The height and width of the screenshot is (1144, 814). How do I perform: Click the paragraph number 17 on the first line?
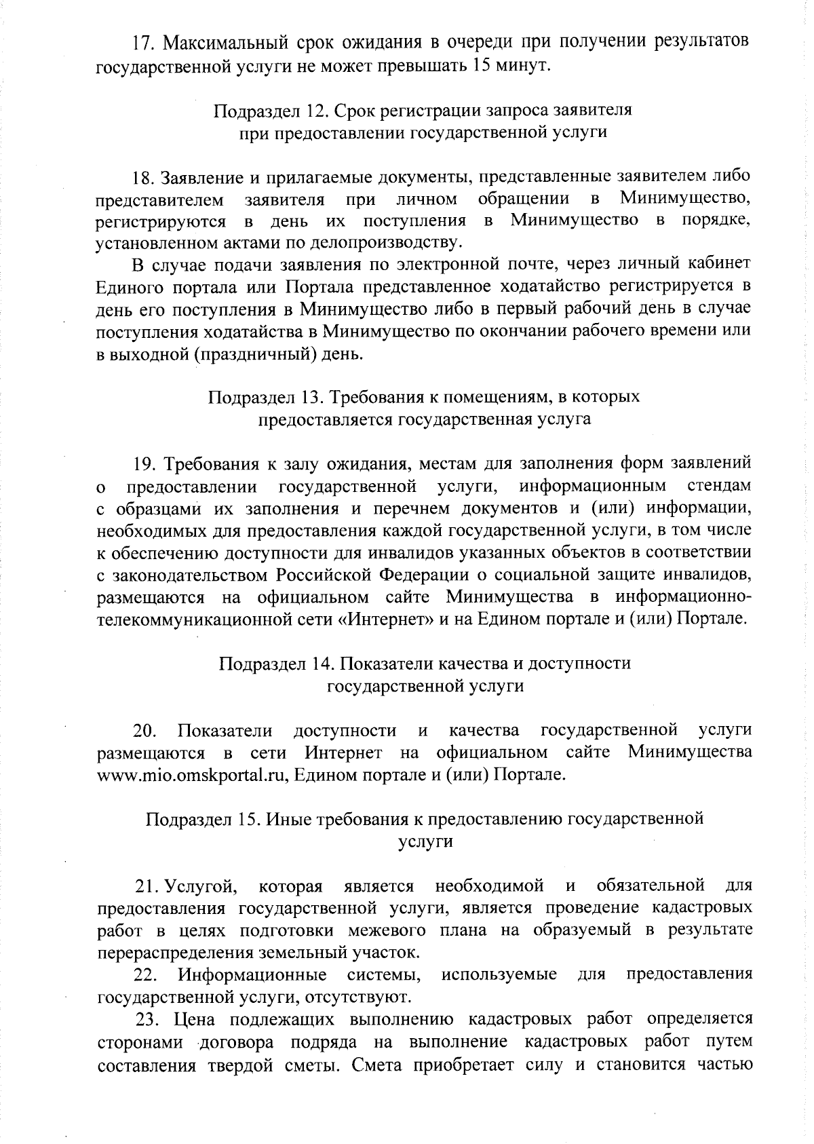coord(140,42)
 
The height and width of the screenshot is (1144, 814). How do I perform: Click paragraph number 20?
coord(144,731)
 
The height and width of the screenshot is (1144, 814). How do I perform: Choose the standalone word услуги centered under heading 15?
coord(425,841)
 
